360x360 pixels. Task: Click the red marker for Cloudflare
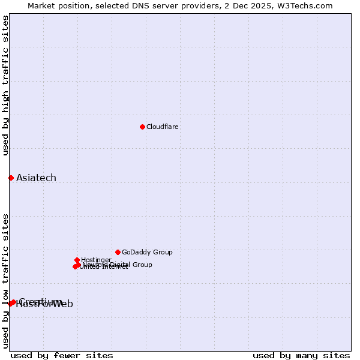(142, 127)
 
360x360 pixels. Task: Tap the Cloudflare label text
(162, 127)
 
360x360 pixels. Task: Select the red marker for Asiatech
(11, 178)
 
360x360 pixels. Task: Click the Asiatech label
(36, 178)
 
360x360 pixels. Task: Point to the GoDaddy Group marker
(118, 252)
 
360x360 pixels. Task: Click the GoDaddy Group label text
(147, 253)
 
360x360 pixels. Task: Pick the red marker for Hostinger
(77, 260)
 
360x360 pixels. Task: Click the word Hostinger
(96, 260)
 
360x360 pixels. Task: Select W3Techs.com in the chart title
(305, 6)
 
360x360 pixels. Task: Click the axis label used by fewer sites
(62, 356)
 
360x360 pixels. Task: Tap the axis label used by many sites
(301, 356)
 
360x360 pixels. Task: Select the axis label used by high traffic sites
(6, 85)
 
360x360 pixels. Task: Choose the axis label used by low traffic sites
(6, 280)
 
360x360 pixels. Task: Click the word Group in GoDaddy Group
(162, 253)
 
